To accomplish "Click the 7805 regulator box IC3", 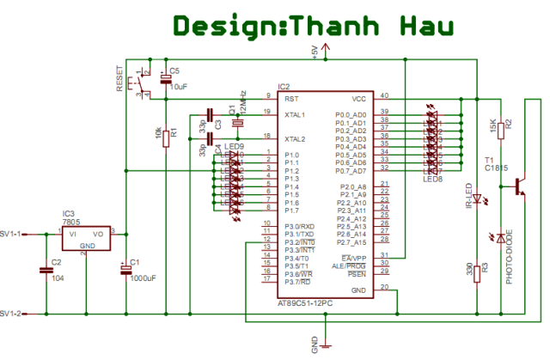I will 86,237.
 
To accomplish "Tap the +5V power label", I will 315,52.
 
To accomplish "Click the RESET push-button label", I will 119,79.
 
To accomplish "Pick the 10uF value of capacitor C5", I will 179,87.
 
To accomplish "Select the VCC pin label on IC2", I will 359,97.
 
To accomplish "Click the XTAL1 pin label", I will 295,113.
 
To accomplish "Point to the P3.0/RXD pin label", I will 300,226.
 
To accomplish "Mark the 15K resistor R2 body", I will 504,126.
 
